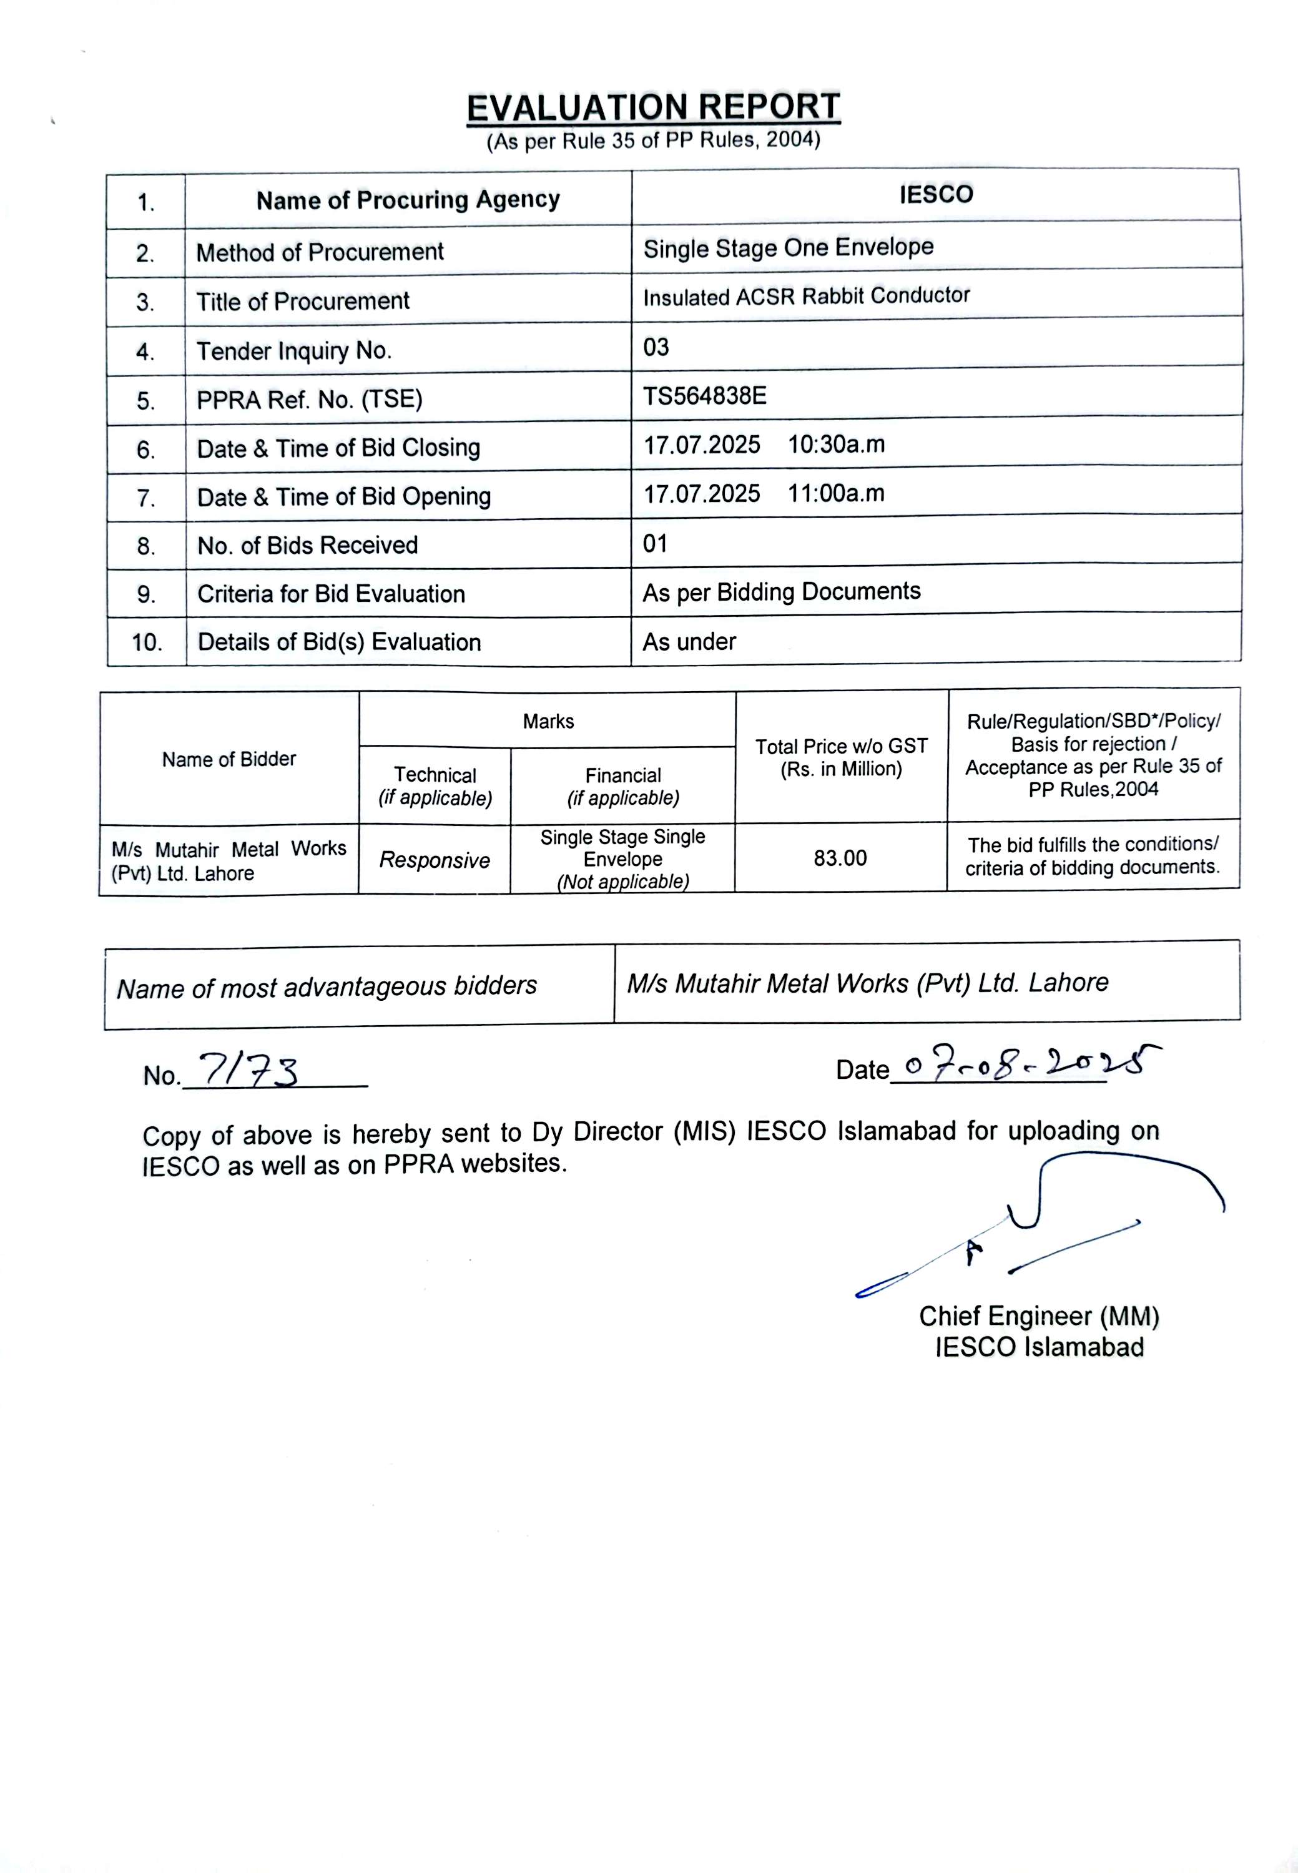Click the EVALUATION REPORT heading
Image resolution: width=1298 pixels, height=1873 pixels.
coord(653,108)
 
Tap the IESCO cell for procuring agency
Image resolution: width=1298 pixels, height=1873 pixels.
coord(936,194)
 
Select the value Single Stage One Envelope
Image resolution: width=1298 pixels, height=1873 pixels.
coord(788,247)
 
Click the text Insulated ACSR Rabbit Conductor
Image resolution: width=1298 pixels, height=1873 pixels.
coord(806,296)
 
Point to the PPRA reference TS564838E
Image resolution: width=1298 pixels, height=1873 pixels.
coord(704,396)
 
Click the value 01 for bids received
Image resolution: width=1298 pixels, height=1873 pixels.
coord(656,543)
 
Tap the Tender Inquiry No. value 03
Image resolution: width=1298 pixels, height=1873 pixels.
coord(656,347)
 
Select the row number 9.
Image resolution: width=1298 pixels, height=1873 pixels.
coord(146,594)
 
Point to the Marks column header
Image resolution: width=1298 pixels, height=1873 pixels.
coord(548,721)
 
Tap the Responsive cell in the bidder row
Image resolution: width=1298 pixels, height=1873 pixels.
coord(435,860)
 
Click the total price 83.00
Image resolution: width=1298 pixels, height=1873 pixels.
coord(840,858)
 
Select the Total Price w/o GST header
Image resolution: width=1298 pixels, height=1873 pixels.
coord(841,757)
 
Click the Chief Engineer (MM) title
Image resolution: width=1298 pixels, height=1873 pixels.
coord(1038,1316)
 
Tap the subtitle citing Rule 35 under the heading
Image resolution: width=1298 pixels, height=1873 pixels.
coord(653,140)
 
